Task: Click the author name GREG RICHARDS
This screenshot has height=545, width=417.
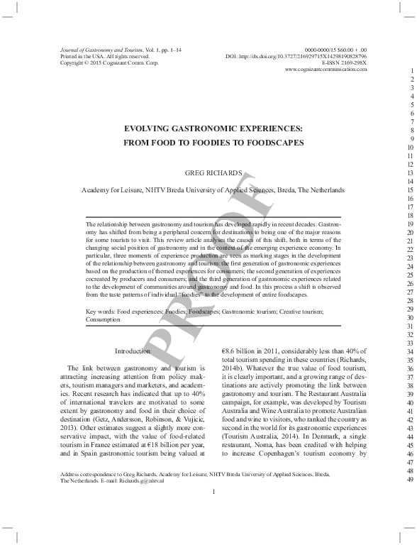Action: tap(213, 172)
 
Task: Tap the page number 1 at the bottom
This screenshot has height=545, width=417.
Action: tap(213, 511)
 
